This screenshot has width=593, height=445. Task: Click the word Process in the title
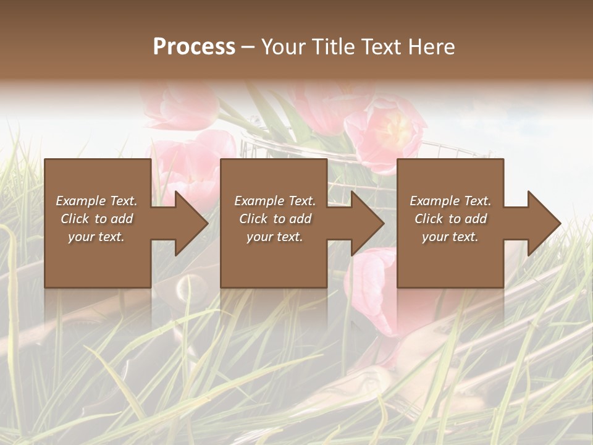point(194,47)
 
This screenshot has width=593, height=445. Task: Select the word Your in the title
point(282,47)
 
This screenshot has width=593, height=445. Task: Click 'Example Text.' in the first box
point(97,201)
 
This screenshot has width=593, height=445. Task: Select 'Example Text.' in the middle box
point(275,201)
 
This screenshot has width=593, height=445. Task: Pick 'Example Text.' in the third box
point(450,201)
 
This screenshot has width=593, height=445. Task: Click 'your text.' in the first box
point(96,237)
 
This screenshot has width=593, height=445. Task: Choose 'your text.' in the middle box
point(274,237)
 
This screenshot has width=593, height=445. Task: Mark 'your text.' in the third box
point(450,237)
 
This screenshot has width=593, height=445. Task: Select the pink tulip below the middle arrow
point(374,278)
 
